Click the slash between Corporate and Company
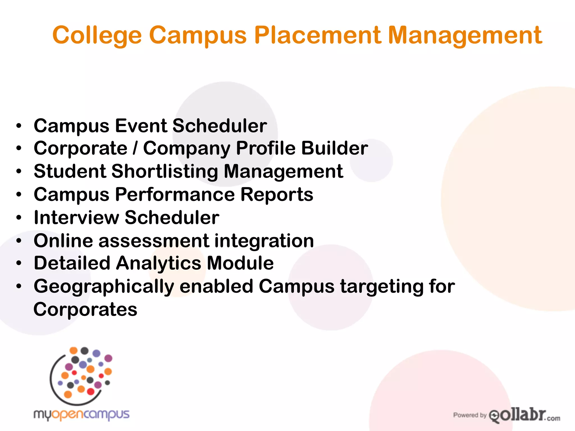point(135,148)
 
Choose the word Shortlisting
point(165,171)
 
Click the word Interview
point(76,217)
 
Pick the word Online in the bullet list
point(63,240)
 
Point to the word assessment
point(154,240)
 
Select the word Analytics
point(159,263)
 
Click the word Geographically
point(104,287)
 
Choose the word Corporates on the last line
point(85,309)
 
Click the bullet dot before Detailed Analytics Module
point(19,263)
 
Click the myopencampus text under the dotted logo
point(81,415)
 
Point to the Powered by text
point(469,415)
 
